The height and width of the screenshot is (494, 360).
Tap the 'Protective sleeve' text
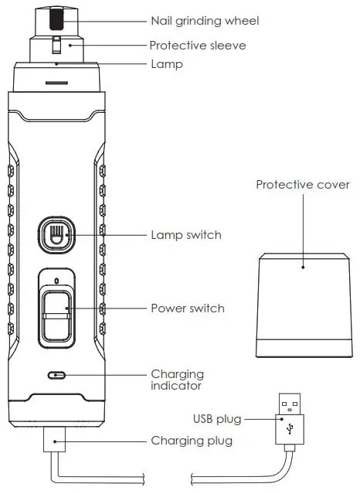coord(197,46)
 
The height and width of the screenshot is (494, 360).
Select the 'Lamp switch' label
coord(186,235)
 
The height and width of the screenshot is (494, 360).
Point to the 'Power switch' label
coord(187,308)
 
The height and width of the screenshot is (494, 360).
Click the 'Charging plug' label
coord(190,441)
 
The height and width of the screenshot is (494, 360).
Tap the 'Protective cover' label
coord(302,186)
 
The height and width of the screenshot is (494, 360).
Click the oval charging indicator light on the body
coord(56,375)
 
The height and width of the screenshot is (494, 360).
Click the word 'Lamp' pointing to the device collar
coord(166,64)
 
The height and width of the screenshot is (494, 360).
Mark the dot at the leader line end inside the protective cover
coord(303,267)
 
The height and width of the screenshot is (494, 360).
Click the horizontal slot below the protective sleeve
coord(55,81)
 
